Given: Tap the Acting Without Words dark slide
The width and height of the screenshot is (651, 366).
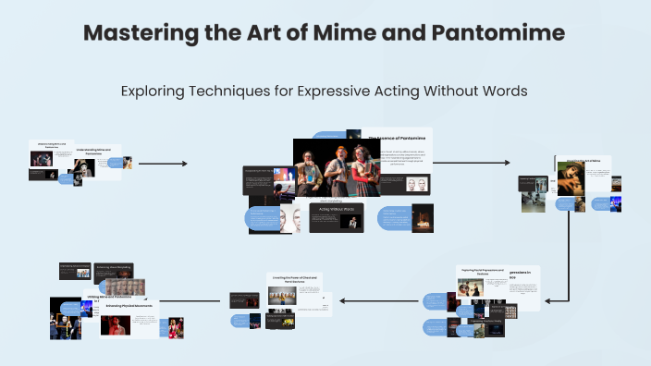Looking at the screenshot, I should coord(337,217).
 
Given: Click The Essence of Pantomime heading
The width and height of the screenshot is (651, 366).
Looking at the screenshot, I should coord(396,139).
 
